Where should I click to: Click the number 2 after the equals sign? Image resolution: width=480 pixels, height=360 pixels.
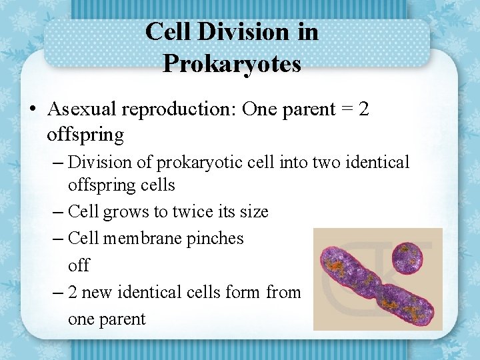363,109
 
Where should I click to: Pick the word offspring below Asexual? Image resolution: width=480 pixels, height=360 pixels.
85,135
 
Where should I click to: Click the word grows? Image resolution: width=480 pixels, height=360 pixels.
126,212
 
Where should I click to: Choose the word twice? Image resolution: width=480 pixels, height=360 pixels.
195,212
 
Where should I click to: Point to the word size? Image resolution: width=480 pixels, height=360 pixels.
253,212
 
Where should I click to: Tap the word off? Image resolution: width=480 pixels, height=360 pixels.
78,265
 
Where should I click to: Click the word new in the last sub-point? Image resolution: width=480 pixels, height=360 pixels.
97,292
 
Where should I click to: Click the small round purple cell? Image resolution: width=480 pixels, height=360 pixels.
407,258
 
